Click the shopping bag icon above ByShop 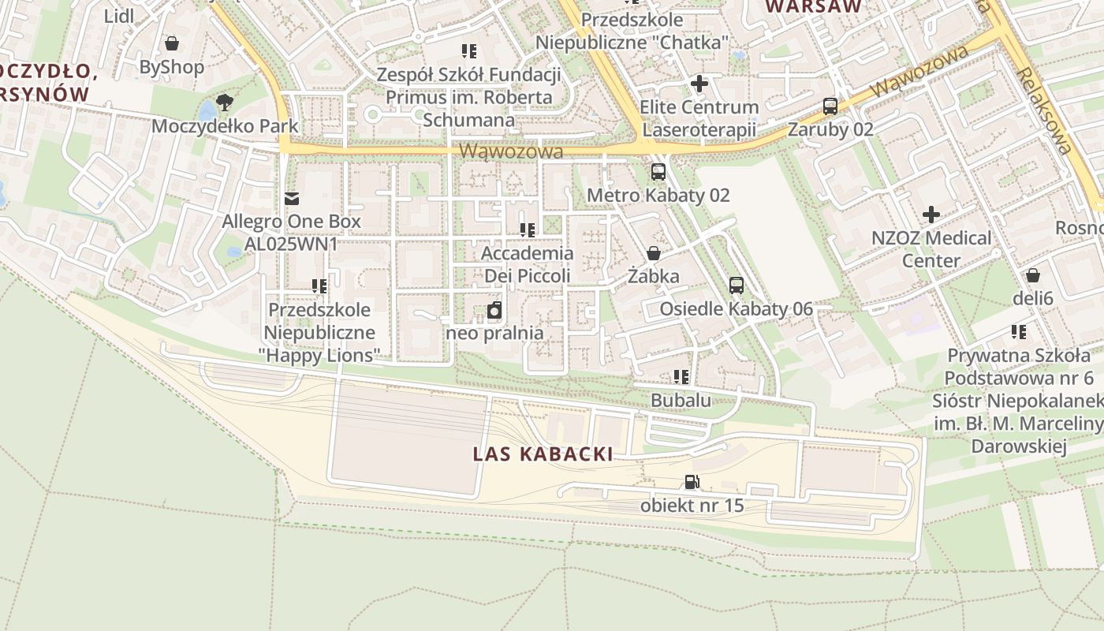click(x=171, y=43)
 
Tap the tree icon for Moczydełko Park click(x=225, y=102)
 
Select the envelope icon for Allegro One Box click(x=292, y=198)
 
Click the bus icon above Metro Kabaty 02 click(x=658, y=171)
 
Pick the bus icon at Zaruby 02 click(x=830, y=106)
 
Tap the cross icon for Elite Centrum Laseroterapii click(x=699, y=83)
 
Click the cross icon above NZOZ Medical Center click(x=931, y=214)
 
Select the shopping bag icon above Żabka click(x=654, y=253)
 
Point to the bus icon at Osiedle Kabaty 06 click(x=736, y=286)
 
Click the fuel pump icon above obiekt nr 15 click(x=692, y=482)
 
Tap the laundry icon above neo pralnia click(x=494, y=310)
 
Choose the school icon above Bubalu click(x=681, y=377)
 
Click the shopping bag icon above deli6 click(x=1032, y=275)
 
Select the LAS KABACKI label click(x=543, y=454)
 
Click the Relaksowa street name click(x=1045, y=110)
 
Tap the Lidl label click(x=119, y=16)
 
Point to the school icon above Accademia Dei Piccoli click(x=528, y=230)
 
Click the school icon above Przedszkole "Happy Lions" click(x=319, y=286)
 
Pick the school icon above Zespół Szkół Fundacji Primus click(x=469, y=52)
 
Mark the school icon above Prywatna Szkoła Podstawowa click(x=1019, y=332)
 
